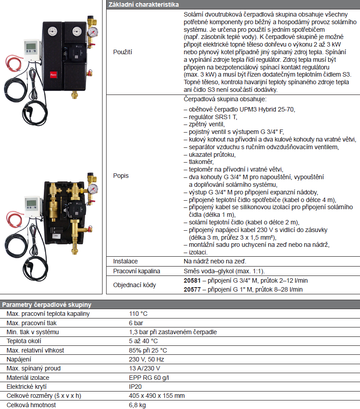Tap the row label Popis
pos(120,176)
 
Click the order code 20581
pos(192,280)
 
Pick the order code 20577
pos(192,289)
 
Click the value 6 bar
pos(136,323)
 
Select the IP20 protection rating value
pos(136,387)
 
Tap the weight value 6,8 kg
pos(137,405)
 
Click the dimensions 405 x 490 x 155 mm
pos(157,396)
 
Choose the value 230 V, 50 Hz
pos(146,359)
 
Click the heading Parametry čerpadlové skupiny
pos(47,304)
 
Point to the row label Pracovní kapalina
pos(137,271)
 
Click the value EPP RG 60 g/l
pos(149,378)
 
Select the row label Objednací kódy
pos(135,285)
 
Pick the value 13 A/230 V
pos(145,368)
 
